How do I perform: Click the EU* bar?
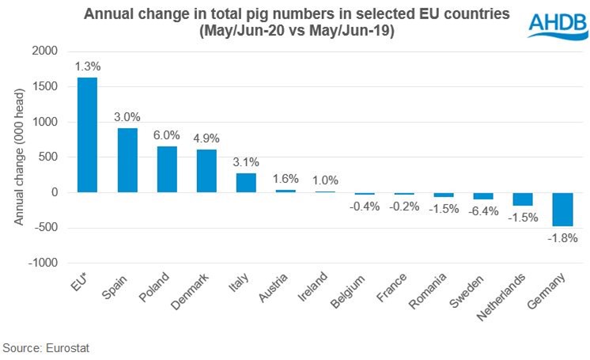point(87,135)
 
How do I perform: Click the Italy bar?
point(246,183)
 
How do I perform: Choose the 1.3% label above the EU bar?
point(87,66)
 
